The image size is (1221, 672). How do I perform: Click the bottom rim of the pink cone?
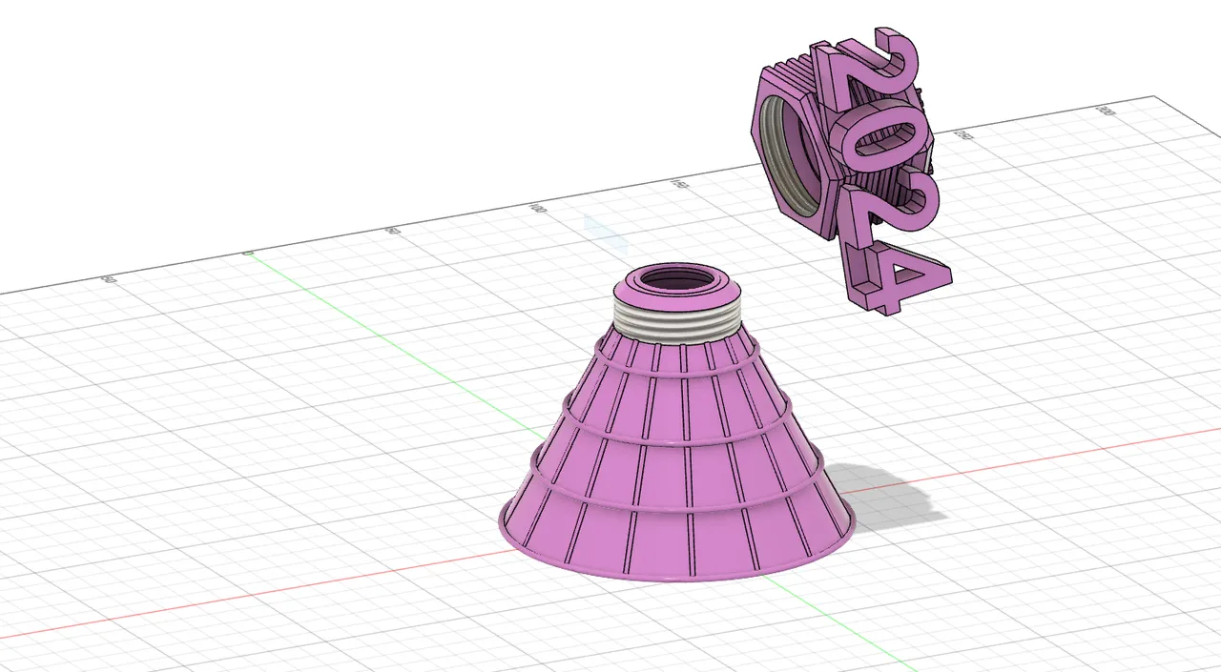(677, 576)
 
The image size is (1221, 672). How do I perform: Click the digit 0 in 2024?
(873, 143)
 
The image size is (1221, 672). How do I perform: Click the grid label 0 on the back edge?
(248, 254)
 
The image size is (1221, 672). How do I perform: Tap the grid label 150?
(679, 183)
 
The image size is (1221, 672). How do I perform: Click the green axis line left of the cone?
(382, 334)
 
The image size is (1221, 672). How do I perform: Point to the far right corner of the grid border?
(1156, 96)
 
